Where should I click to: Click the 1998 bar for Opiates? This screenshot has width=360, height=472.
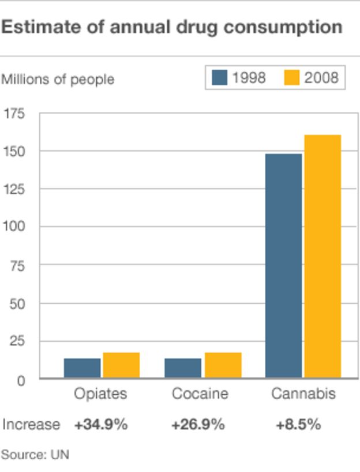pos(82,368)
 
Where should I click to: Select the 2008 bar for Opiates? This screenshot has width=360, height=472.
pos(121,365)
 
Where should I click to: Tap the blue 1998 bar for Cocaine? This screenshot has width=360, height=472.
pos(183,368)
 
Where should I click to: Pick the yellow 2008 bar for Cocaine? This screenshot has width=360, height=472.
pos(223,365)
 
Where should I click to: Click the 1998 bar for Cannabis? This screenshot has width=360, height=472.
pos(283,265)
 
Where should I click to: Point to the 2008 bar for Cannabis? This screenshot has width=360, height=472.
pos(322,256)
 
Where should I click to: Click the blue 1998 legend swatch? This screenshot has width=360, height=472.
pos(220,78)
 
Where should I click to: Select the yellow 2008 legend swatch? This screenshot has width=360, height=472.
pos(292,78)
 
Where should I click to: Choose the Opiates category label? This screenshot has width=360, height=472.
pos(100,394)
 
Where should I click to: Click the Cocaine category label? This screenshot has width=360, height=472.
pos(200,394)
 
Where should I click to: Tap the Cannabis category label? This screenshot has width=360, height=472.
pos(303,394)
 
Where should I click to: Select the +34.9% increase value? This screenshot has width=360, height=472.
pos(100,425)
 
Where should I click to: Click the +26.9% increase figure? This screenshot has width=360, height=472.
pos(197,425)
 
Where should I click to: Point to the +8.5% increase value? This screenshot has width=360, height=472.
pos(298,425)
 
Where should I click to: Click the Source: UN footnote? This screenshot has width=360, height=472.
pos(35,455)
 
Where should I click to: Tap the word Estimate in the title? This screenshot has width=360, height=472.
pos(39,27)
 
